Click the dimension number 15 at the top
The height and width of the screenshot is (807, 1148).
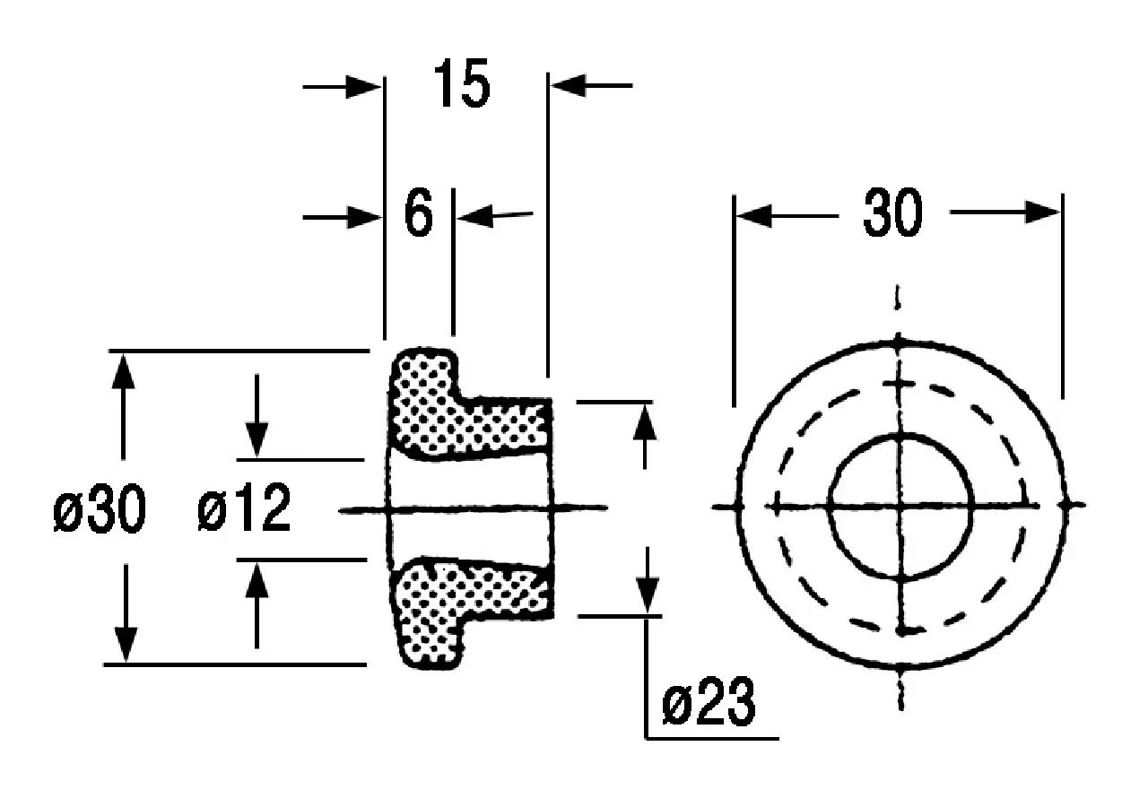point(462,83)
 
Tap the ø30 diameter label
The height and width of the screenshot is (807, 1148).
point(100,508)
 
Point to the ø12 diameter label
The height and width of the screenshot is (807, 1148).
point(244,508)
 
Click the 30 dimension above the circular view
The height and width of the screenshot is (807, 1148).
point(892,213)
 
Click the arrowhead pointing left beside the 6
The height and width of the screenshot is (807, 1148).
point(475,216)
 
